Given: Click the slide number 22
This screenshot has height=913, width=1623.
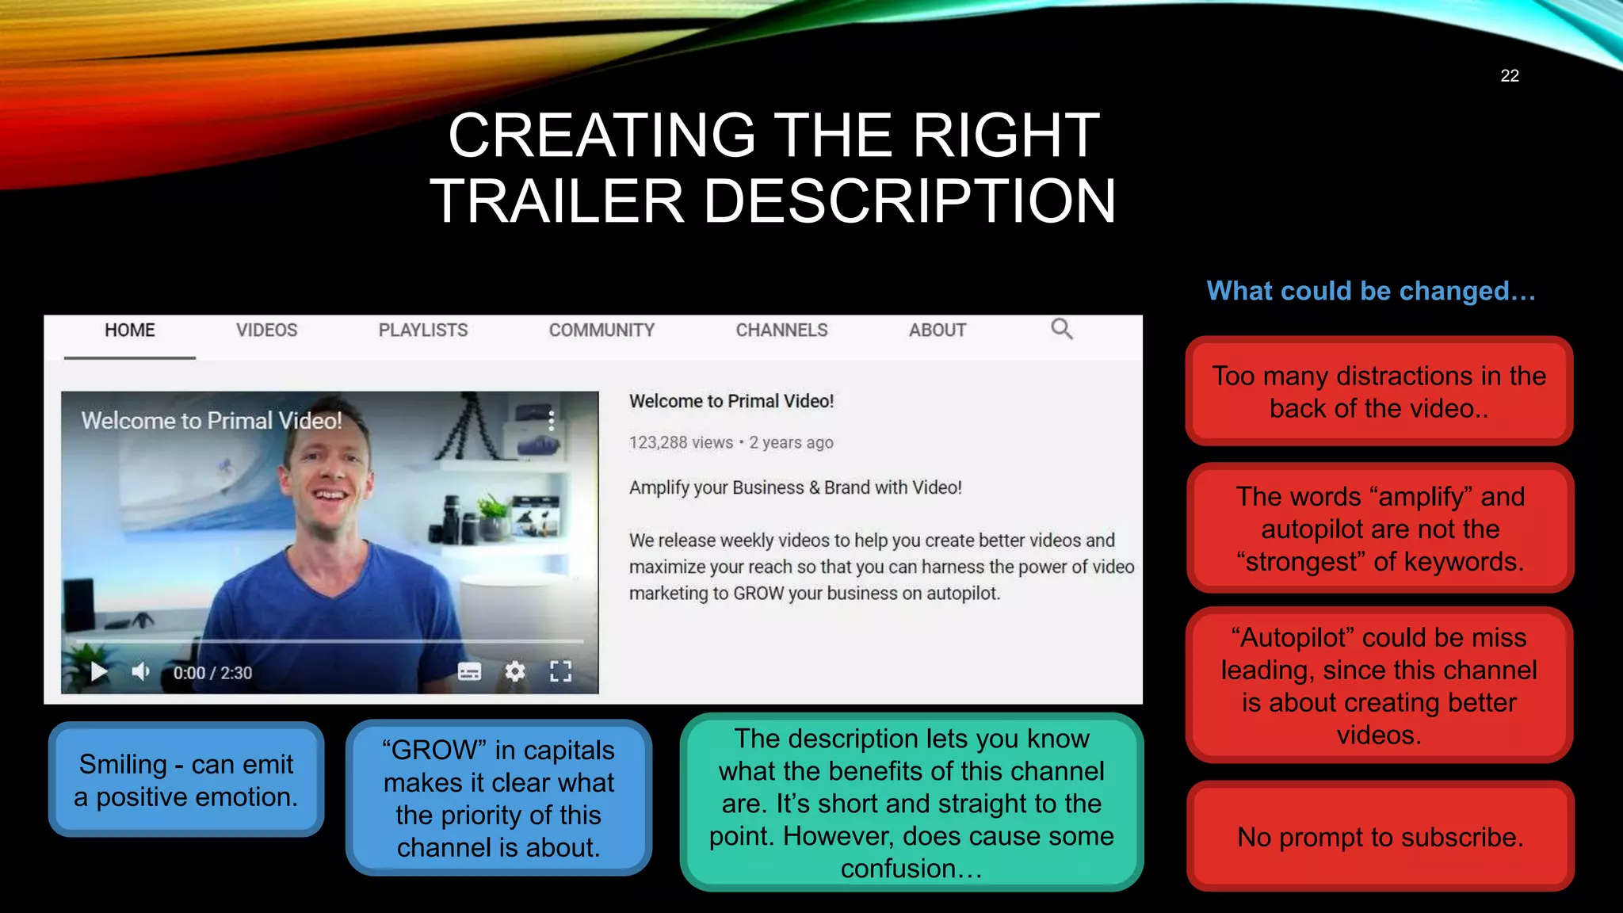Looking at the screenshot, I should (1509, 76).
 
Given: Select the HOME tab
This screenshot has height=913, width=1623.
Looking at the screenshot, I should (130, 330).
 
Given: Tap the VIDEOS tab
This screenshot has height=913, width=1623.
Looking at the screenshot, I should (266, 330).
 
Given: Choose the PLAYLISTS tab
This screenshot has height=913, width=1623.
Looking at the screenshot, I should (423, 330).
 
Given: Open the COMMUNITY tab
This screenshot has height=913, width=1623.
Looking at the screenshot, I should (601, 330).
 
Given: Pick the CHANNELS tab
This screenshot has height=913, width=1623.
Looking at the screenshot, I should (781, 330).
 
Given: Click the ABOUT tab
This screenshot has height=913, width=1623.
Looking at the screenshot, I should (937, 330).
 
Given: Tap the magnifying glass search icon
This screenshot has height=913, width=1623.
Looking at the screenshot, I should (1061, 329).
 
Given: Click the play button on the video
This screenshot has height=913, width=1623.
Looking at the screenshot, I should (99, 672).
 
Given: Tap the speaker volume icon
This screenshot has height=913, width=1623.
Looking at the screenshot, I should (141, 672).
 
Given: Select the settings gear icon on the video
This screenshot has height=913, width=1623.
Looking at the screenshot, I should (515, 672).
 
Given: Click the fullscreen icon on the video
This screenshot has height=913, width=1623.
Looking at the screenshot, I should (560, 672).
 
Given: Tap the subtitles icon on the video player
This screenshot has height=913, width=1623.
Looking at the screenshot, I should (469, 672).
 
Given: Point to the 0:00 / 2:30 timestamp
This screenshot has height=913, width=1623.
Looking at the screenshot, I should (212, 673).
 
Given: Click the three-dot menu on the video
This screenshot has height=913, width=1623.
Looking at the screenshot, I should (552, 420).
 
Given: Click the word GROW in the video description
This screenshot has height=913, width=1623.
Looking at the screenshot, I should (758, 594).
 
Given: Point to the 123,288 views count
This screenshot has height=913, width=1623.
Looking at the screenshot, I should (681, 443).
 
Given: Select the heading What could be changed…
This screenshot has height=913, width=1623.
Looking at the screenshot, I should (1371, 291).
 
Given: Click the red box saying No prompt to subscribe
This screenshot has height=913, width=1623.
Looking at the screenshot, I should (1380, 837).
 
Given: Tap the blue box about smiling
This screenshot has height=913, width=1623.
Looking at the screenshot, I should (186, 780).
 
